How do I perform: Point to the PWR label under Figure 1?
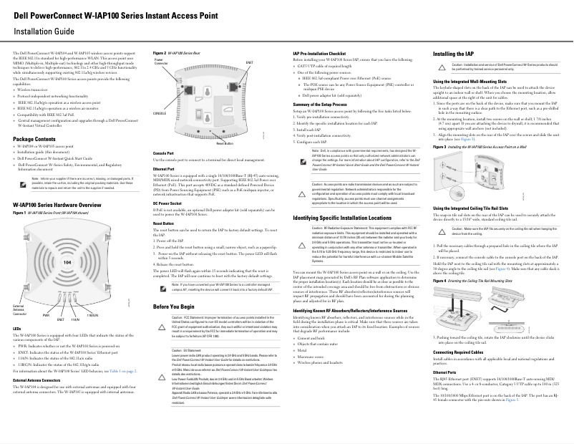[46, 314]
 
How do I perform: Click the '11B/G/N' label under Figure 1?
[92, 314]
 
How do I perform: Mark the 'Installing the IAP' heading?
[458, 54]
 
